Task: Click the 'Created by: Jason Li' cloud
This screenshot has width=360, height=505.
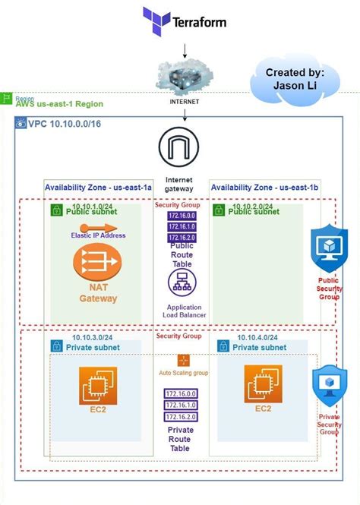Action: coord(295,79)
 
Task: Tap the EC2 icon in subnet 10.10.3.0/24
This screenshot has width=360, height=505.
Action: coord(98,389)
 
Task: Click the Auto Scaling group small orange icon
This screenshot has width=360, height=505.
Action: coord(182,361)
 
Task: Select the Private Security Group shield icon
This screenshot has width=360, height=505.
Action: coord(330,385)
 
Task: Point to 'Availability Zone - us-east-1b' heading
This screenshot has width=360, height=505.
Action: coord(264,187)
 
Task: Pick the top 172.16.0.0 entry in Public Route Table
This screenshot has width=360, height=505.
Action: coord(181,216)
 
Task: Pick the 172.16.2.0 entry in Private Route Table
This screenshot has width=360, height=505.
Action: coord(181,417)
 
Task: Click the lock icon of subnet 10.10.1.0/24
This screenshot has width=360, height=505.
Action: coord(56,210)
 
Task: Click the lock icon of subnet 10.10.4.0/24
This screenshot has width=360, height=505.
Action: coord(223,346)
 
